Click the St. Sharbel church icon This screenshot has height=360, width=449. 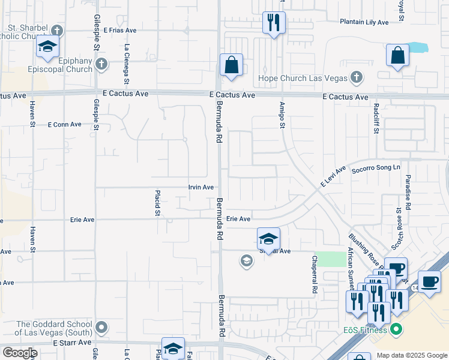tap(56, 30)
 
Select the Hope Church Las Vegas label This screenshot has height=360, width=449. tap(303, 77)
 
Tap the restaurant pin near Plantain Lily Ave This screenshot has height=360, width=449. tap(274, 23)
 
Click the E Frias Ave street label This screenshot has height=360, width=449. tap(121, 29)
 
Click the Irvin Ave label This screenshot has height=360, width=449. tap(200, 187)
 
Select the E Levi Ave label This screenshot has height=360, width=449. tap(334, 178)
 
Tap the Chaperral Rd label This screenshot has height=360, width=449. tap(314, 275)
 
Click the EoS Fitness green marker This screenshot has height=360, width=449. tap(396, 329)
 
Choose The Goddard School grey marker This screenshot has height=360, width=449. tap(102, 327)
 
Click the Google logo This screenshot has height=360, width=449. tap(20, 353)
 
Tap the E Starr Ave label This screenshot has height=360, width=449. tap(72, 342)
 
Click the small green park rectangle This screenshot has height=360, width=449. tap(327, 259)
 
